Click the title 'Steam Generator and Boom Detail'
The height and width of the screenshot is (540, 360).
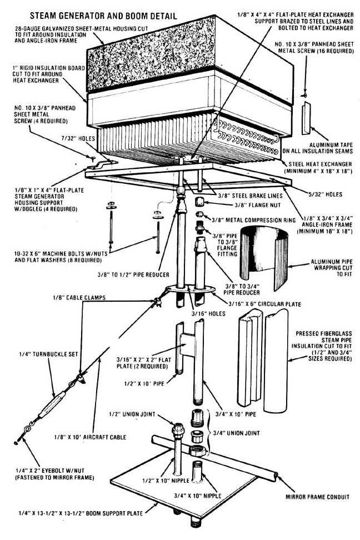coord(91,16)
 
